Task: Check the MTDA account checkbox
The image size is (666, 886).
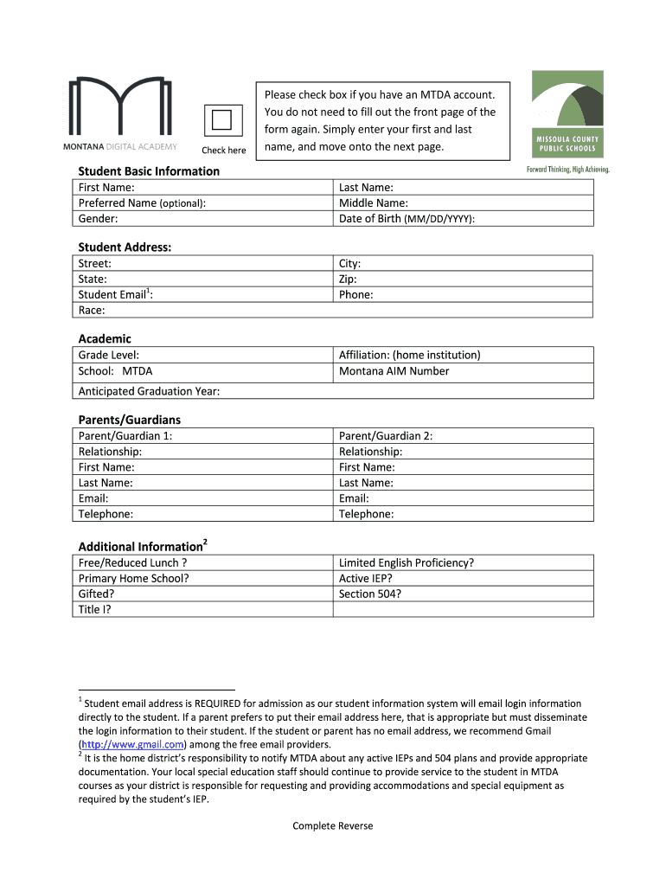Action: tap(222, 120)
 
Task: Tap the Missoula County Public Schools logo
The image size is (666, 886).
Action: tap(567, 120)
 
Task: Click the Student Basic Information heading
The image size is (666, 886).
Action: tap(149, 171)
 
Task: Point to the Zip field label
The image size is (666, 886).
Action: tap(348, 279)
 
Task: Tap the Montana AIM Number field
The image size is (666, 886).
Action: tap(464, 371)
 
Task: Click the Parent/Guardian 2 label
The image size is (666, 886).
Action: tap(386, 436)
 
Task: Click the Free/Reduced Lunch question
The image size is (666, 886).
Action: tap(133, 562)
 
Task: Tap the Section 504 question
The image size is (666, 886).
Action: tap(370, 594)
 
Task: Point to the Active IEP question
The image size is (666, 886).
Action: tap(366, 578)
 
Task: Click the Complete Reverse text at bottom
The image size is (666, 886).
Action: tap(333, 825)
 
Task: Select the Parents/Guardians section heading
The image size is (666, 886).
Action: tap(130, 420)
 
